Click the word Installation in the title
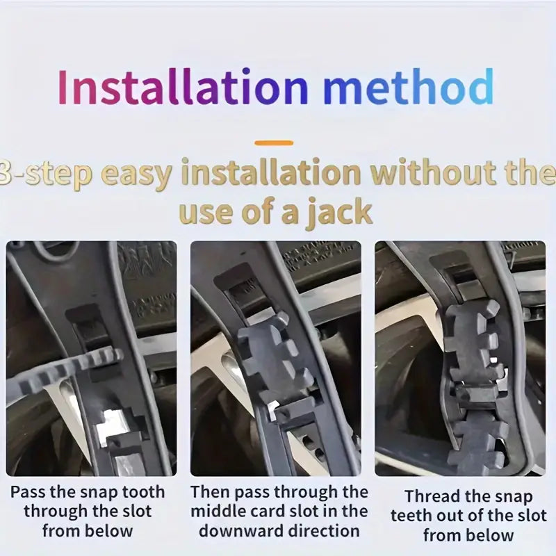coord(183,86)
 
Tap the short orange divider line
coord(274,143)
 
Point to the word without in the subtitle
coord(428,172)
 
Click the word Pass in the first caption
coord(27,492)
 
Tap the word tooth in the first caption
coord(143,492)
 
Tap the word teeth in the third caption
coord(411,516)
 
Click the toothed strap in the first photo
coord(64,370)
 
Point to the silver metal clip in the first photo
coord(113,425)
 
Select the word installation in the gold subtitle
coord(271,172)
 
